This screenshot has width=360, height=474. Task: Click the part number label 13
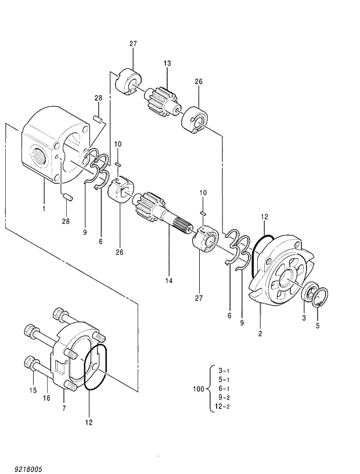click(167, 63)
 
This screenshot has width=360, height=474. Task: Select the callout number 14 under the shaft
click(168, 281)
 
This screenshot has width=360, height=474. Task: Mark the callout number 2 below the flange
click(260, 334)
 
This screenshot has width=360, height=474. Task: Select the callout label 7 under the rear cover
click(64, 409)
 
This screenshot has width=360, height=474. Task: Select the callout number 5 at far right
click(317, 325)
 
